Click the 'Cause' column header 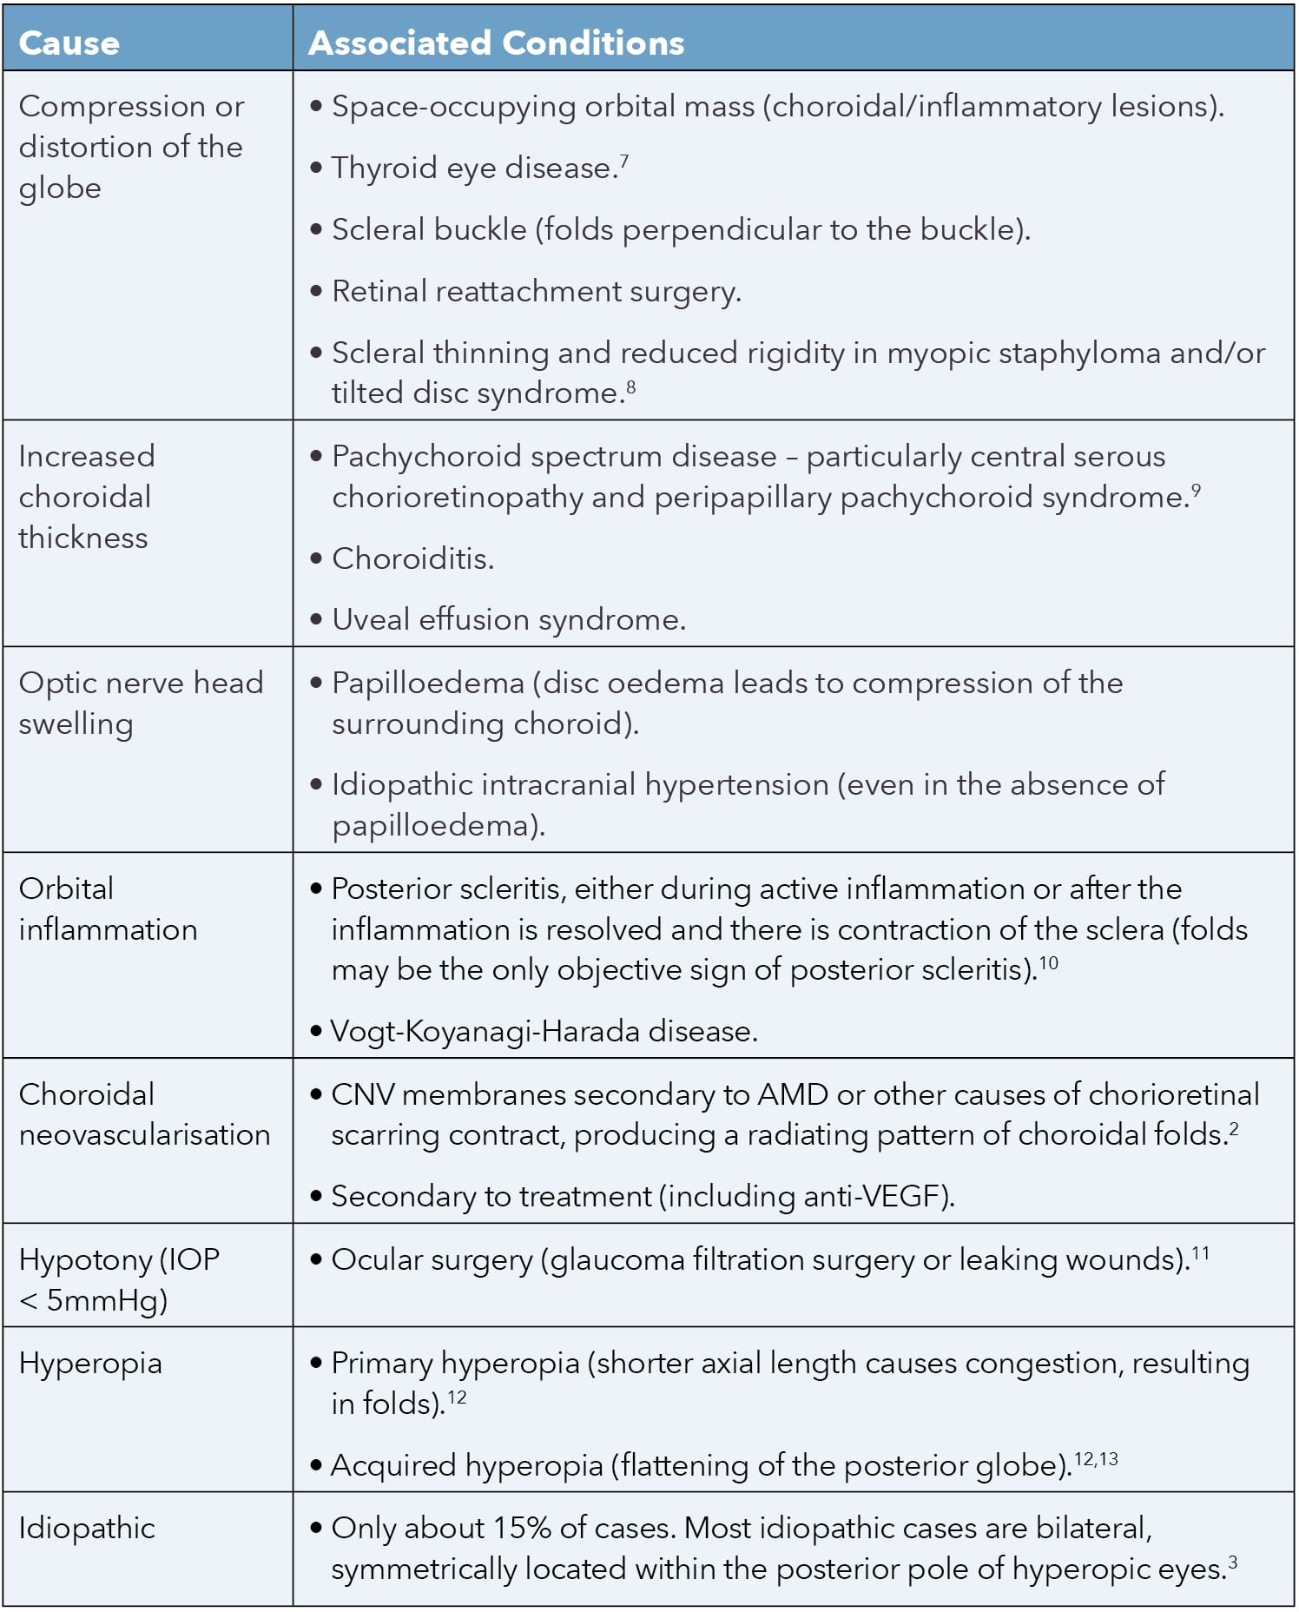69,43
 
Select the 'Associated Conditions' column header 496,43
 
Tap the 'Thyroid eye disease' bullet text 472,168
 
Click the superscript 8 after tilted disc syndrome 631,386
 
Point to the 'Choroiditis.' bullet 412,558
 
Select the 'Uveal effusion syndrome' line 508,620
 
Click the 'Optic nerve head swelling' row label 140,703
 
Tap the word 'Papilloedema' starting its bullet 427,684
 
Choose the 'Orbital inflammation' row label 108,908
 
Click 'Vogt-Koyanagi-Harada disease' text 544,1032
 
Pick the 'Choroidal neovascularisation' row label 144,1114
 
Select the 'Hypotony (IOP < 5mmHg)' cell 119,1279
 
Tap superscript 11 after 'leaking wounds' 1200,1253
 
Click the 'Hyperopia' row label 90,1364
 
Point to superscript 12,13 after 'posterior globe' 1096,1459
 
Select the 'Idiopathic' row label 87,1529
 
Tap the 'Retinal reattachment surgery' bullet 536,292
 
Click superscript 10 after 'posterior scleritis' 1049,963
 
